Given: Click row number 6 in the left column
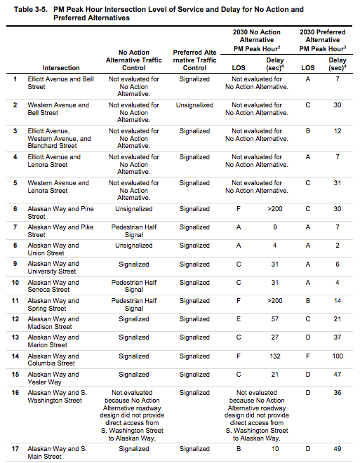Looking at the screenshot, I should click(x=15, y=209).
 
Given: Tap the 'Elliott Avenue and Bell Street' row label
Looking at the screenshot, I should click(x=60, y=83).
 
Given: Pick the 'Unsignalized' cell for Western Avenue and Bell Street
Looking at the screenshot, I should click(x=194, y=105).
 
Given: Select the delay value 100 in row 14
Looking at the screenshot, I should click(x=338, y=356).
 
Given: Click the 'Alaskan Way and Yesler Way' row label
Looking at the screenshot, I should click(x=53, y=378).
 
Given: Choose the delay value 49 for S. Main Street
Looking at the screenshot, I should click(x=338, y=448).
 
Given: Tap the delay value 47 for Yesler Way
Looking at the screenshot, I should click(x=338, y=375).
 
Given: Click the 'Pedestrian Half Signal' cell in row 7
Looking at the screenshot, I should click(x=133, y=231).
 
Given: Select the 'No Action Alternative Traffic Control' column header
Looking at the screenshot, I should click(x=133, y=60).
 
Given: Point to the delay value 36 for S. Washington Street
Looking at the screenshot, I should click(x=338, y=393).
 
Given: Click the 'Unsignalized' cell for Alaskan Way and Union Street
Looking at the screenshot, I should click(x=133, y=246).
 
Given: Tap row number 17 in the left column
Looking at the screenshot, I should click(x=15, y=448).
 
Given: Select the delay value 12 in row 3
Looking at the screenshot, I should click(x=338, y=131).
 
